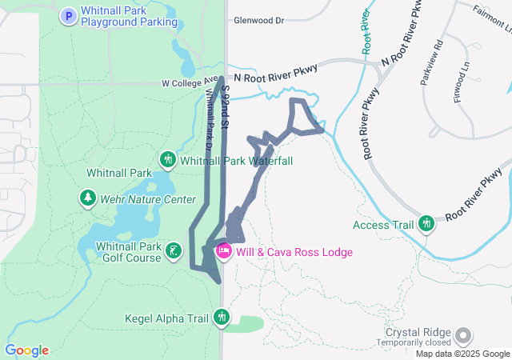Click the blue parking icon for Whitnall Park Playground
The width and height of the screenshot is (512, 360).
click(x=69, y=14)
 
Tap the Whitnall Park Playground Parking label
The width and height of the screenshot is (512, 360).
click(x=129, y=15)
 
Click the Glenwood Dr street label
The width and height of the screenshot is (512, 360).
click(x=258, y=21)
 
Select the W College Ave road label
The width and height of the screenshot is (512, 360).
click(x=190, y=82)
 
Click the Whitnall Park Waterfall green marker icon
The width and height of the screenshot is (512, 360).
click(x=168, y=160)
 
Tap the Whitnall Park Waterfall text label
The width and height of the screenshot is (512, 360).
click(x=236, y=161)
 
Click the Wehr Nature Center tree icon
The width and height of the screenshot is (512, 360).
click(x=86, y=197)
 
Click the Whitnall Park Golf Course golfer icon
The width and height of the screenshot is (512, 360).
click(x=172, y=253)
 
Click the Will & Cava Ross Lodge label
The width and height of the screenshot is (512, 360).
click(x=294, y=252)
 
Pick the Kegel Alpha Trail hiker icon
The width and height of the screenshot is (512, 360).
click(x=222, y=318)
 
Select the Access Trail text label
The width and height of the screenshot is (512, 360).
click(x=383, y=225)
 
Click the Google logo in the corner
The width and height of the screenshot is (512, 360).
click(x=26, y=350)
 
